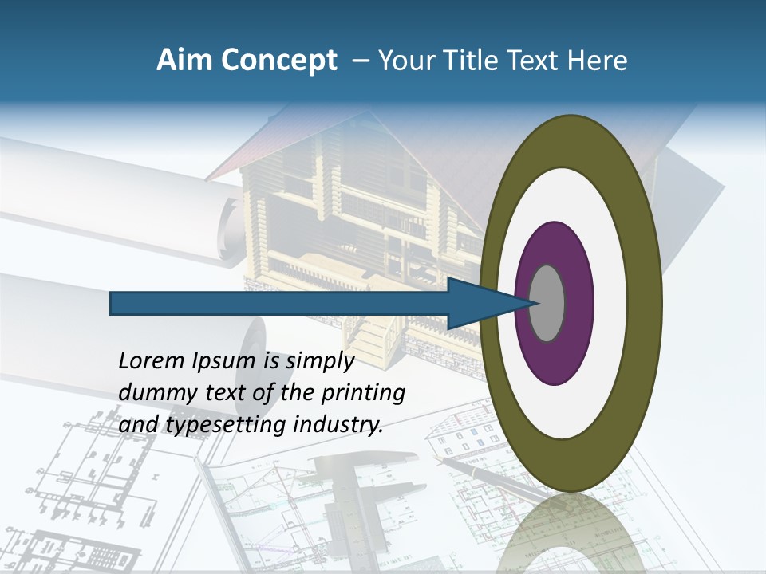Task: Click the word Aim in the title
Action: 176,61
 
